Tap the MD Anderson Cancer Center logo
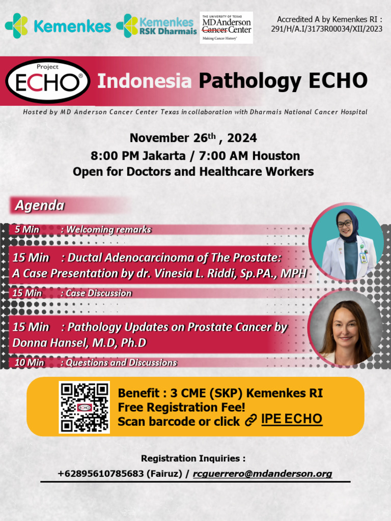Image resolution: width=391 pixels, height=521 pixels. point(226,27)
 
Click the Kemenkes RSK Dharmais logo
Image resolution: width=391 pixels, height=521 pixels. point(156,27)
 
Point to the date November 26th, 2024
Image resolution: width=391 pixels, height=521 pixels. point(193,138)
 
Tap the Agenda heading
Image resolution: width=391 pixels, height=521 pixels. point(39,206)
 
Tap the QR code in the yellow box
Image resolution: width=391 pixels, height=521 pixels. point(84,407)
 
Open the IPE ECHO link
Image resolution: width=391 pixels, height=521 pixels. point(291,419)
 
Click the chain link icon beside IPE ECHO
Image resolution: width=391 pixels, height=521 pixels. point(250,420)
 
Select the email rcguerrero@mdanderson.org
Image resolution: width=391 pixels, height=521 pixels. point(262,474)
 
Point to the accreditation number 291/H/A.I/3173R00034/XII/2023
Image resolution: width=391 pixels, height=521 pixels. point(326,29)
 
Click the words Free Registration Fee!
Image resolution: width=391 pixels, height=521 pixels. point(181,407)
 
